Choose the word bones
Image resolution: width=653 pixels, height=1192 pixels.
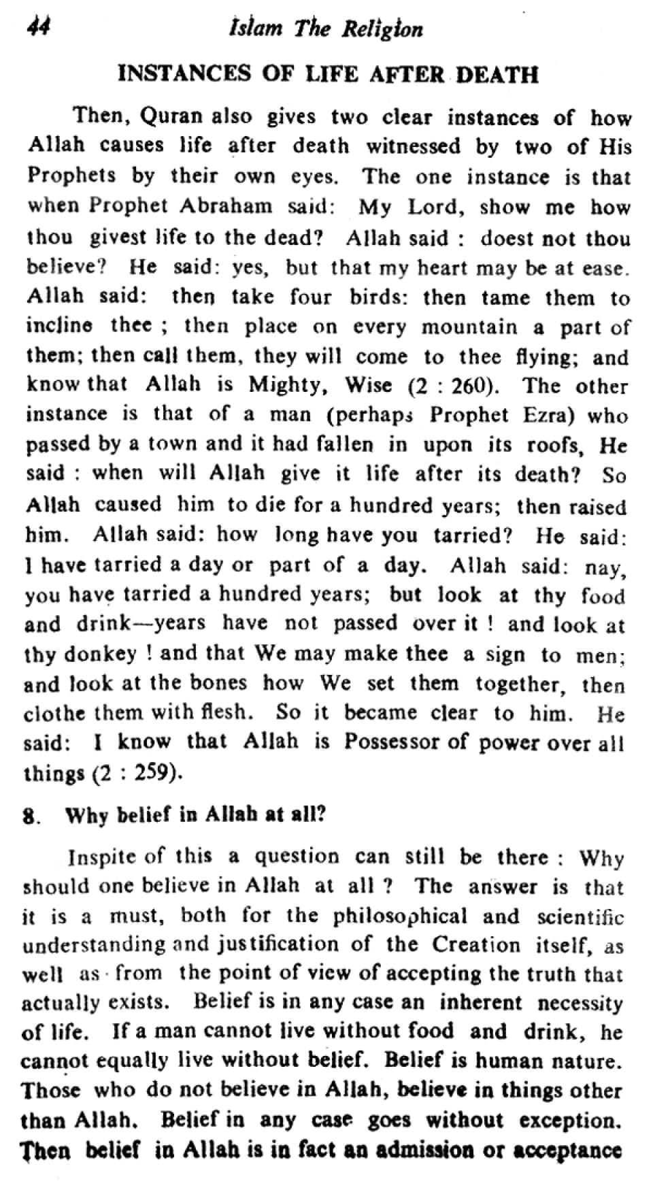215,683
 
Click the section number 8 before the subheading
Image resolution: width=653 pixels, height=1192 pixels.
29,816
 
